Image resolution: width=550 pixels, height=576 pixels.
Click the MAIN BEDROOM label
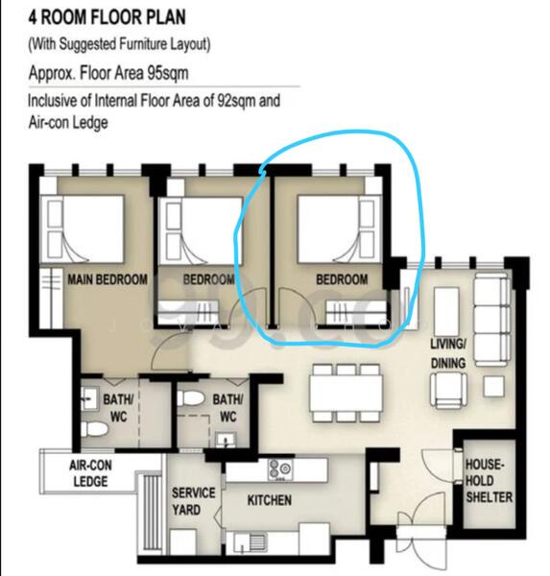point(107,279)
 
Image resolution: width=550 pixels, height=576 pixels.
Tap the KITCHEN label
point(269,500)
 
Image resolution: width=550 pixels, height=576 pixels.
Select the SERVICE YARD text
point(193,500)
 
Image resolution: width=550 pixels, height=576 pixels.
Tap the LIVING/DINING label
point(448,353)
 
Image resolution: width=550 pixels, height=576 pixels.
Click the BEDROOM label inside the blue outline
point(342,279)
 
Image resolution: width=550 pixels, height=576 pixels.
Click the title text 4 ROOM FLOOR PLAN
point(108,17)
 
